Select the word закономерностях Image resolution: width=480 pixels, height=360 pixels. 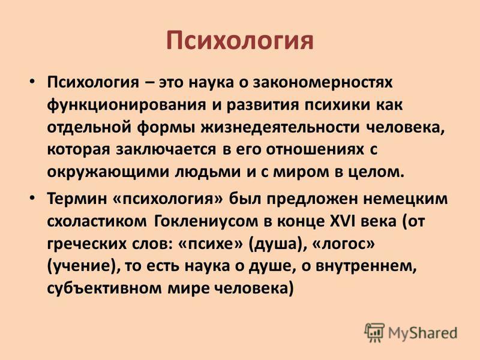(323, 83)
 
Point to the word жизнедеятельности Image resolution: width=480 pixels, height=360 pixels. (280, 128)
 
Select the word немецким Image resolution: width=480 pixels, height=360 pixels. (406, 199)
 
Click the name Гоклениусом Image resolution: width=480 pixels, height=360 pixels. (205, 221)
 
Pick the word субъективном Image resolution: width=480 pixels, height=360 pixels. (104, 289)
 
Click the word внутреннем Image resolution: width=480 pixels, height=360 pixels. (366, 266)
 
